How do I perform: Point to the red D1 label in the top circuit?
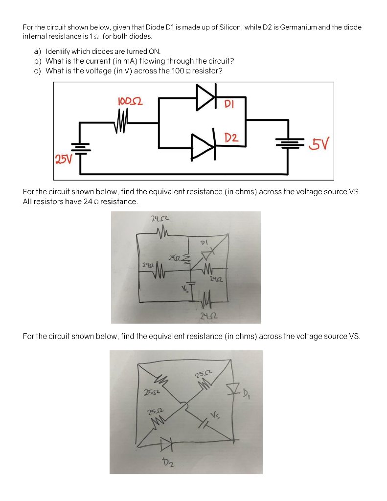229,104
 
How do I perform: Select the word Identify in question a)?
59,51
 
